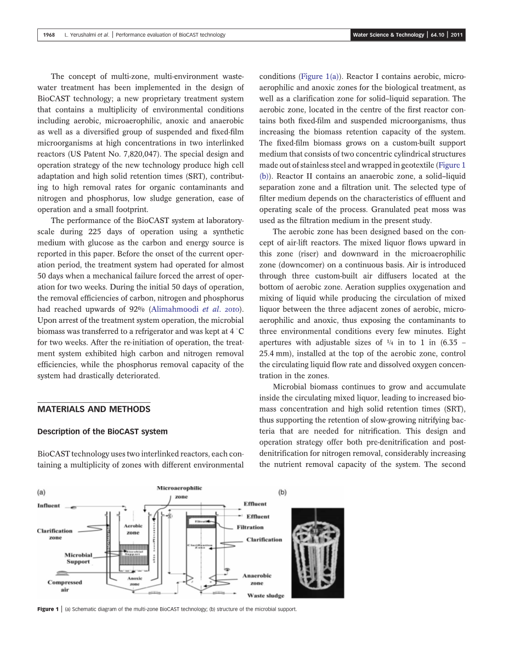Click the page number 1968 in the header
click(49, 35)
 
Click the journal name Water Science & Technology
click(388, 35)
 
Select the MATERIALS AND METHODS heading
click(93, 409)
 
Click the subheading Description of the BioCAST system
click(102, 431)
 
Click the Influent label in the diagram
click(49, 505)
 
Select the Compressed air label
click(64, 586)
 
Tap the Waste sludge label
click(265, 595)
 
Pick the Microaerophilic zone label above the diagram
click(179, 492)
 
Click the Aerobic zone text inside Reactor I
click(133, 529)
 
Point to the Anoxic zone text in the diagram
click(134, 581)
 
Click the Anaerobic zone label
click(257, 579)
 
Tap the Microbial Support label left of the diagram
click(78, 558)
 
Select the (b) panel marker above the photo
click(282, 492)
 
